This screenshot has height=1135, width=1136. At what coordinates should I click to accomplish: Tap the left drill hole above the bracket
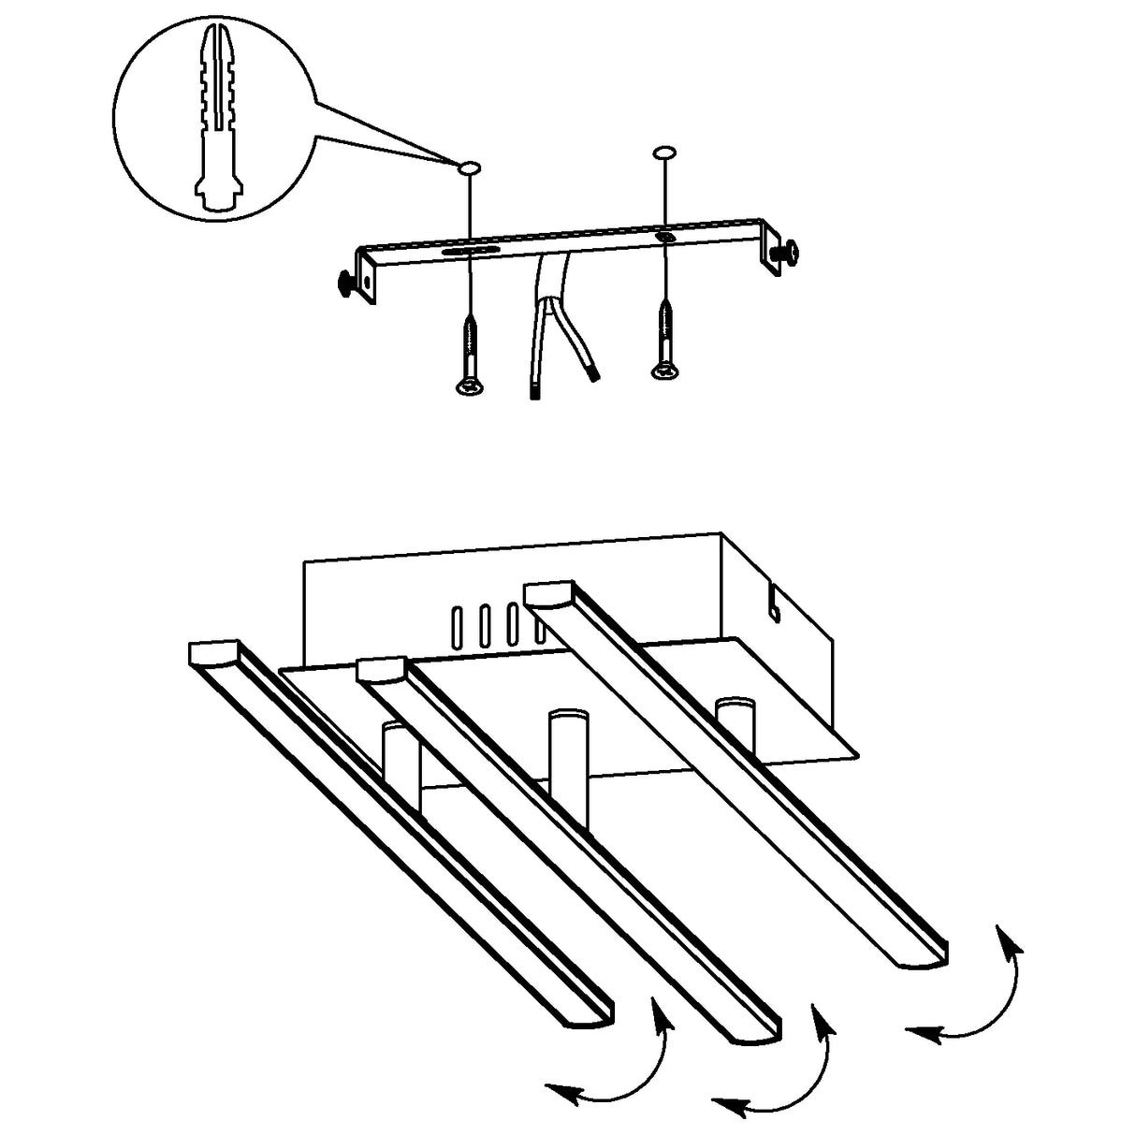[x=468, y=167]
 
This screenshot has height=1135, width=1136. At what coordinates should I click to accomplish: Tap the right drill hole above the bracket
[x=663, y=152]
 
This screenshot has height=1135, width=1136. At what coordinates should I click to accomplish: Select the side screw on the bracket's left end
[x=349, y=283]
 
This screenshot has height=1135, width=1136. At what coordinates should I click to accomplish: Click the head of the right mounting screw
[x=663, y=373]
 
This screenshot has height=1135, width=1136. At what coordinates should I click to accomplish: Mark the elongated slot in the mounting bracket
[x=471, y=250]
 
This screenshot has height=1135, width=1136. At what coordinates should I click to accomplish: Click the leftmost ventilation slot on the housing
[x=458, y=627]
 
